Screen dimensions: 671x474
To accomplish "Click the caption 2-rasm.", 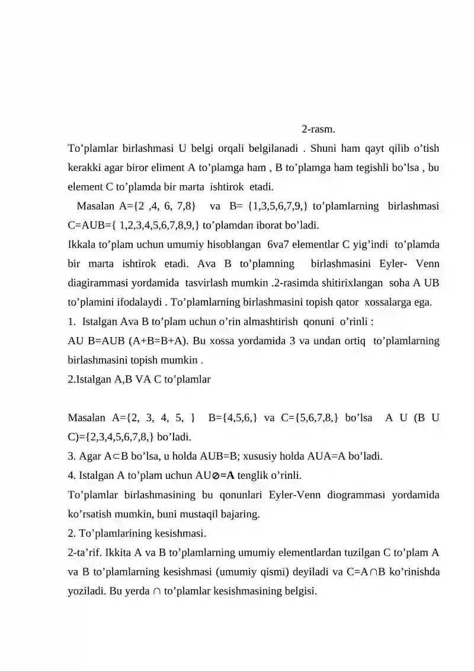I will click(x=319, y=129).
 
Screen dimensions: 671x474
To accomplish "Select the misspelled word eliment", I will click(x=169, y=167).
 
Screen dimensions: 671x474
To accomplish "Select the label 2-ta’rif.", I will click(x=87, y=553).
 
